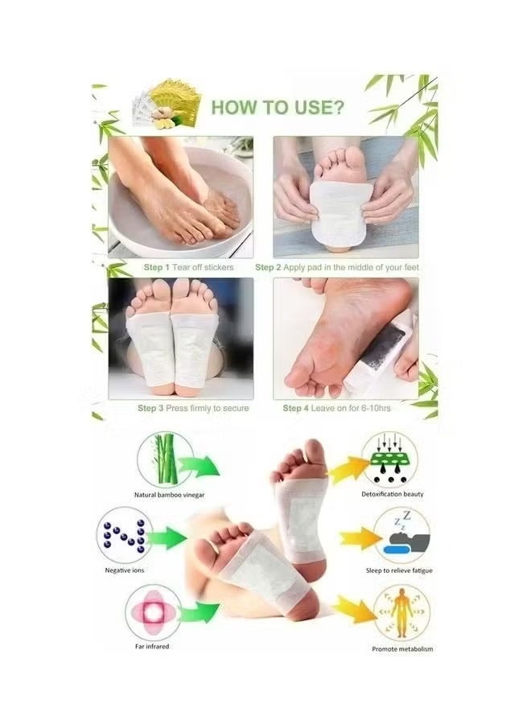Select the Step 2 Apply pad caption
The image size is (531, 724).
click(x=339, y=266)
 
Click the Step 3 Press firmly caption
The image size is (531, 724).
click(x=193, y=408)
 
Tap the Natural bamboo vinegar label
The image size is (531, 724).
click(x=168, y=495)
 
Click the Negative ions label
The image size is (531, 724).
click(x=125, y=570)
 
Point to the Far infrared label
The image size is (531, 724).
click(x=151, y=646)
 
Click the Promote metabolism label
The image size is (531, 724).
click(x=403, y=648)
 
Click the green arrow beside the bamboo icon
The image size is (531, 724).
click(x=200, y=464)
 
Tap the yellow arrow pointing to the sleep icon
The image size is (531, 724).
click(x=354, y=537)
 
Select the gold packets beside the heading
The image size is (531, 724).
click(x=164, y=106)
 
